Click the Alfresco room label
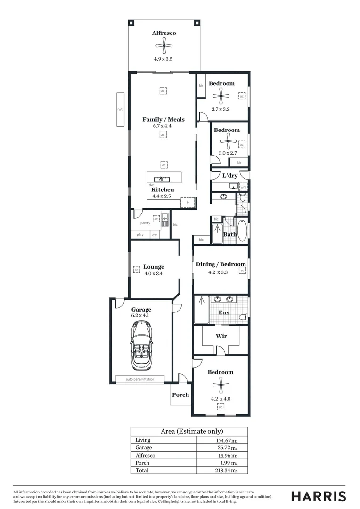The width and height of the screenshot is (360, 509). click(x=164, y=33)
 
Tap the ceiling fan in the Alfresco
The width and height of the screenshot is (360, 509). click(x=164, y=46)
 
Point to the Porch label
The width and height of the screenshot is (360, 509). click(x=180, y=395)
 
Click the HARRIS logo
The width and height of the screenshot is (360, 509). click(x=319, y=496)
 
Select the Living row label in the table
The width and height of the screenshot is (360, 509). click(x=143, y=440)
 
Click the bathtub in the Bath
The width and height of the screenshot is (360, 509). click(x=242, y=230)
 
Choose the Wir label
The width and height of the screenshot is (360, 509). click(x=221, y=336)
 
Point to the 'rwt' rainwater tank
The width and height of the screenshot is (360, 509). click(x=120, y=109)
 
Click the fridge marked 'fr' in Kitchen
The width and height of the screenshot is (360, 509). click(x=188, y=203)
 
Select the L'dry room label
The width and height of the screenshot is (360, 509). click(x=229, y=175)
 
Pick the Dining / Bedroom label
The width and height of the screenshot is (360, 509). click(x=221, y=264)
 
